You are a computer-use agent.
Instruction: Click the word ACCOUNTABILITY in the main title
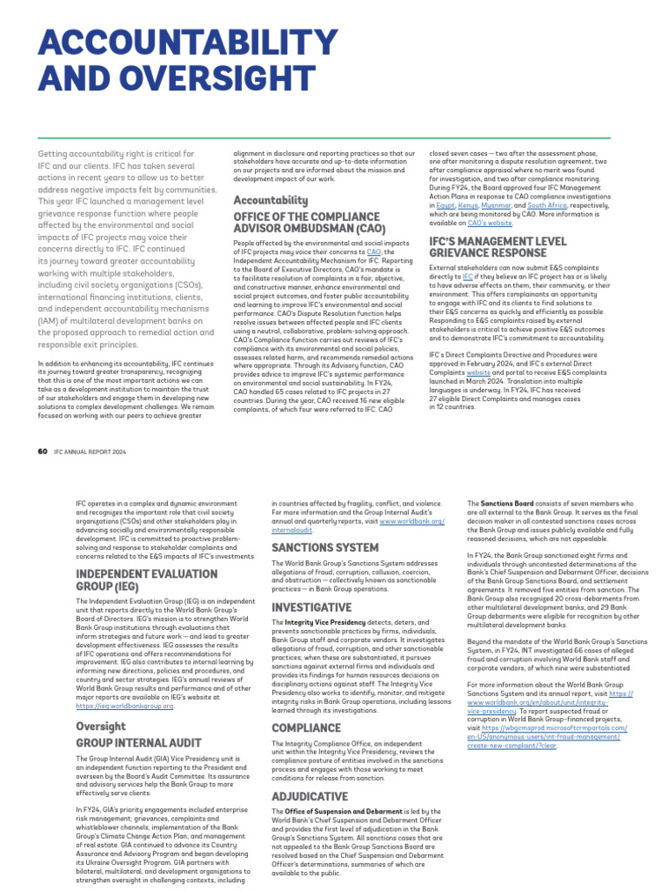click(x=188, y=45)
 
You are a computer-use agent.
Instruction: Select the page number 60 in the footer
click(x=43, y=452)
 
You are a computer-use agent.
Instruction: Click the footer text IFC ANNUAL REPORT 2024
click(x=90, y=452)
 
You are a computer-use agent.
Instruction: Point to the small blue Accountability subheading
click(x=271, y=200)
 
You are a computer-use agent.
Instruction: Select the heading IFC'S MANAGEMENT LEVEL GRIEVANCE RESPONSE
click(x=498, y=247)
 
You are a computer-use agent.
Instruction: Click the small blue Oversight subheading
click(x=100, y=726)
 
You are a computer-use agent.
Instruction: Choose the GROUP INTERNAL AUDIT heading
click(x=138, y=743)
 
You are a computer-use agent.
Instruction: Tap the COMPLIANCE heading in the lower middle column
click(x=306, y=727)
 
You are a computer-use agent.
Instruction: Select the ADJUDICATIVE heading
click(x=310, y=796)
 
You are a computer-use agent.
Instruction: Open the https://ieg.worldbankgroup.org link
click(x=124, y=707)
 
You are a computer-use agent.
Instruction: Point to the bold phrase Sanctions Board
click(x=503, y=504)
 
